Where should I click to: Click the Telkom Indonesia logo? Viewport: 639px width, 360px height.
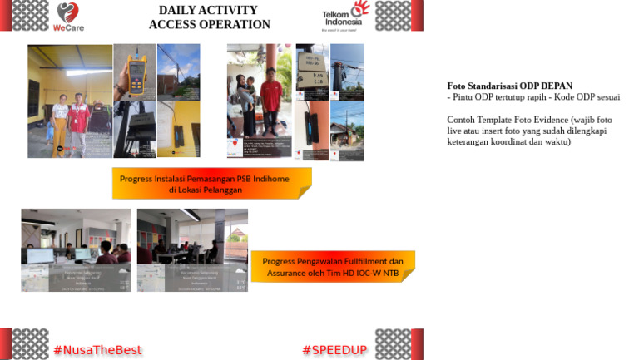tap(344, 16)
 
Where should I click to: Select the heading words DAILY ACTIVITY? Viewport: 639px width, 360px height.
tap(209, 10)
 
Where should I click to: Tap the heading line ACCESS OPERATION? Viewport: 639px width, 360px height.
tap(209, 25)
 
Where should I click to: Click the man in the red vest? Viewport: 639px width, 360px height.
tap(79, 122)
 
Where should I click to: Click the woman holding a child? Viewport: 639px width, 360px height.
tap(247, 104)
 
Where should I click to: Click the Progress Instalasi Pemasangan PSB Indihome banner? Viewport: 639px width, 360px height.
tap(211, 184)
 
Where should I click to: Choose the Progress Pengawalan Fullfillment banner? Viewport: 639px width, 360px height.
tap(332, 266)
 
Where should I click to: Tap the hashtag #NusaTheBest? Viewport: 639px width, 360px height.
tap(97, 350)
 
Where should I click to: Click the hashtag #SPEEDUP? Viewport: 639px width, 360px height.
tap(334, 350)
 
